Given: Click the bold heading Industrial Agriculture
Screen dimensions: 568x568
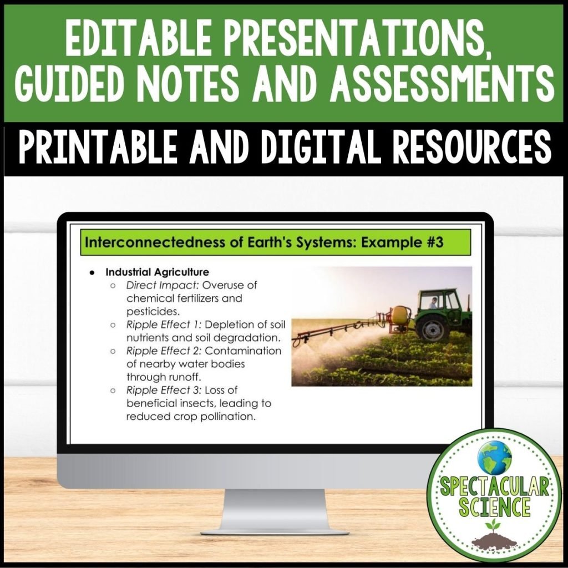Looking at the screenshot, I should pyautogui.click(x=157, y=272).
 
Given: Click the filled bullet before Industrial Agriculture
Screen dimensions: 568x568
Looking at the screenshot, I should pyautogui.click(x=92, y=272).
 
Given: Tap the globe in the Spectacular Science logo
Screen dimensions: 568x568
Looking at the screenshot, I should pyautogui.click(x=494, y=455).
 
